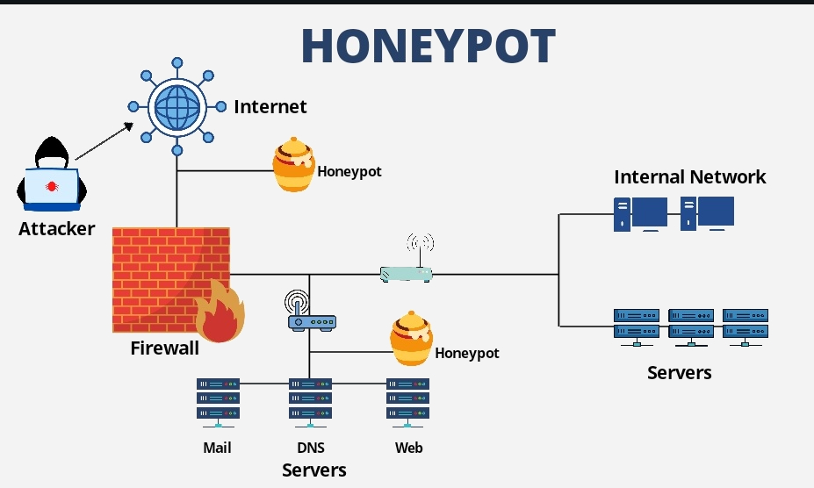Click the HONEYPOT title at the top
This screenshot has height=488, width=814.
[x=429, y=46]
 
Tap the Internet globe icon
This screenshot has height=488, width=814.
[x=177, y=107]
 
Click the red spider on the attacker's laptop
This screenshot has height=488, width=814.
[x=52, y=186]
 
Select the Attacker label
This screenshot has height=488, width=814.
[x=56, y=229]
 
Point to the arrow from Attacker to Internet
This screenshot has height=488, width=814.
[x=104, y=141]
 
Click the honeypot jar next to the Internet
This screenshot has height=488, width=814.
[x=294, y=165]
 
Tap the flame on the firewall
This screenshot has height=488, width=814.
[x=220, y=312]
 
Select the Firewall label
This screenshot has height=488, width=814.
[x=164, y=348]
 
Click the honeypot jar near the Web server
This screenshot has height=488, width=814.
[x=412, y=339]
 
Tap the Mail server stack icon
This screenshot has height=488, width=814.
[x=218, y=403]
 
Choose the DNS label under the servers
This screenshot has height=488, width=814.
[x=311, y=448]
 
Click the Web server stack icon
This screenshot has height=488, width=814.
[x=407, y=403]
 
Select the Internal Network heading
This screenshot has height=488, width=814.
[x=690, y=177]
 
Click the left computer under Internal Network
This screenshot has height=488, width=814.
[x=641, y=214]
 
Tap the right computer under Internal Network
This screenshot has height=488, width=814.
[x=707, y=213]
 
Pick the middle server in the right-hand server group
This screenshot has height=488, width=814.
[x=691, y=327]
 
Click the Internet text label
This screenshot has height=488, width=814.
[x=270, y=107]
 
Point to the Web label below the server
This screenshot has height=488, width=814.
[x=408, y=448]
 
